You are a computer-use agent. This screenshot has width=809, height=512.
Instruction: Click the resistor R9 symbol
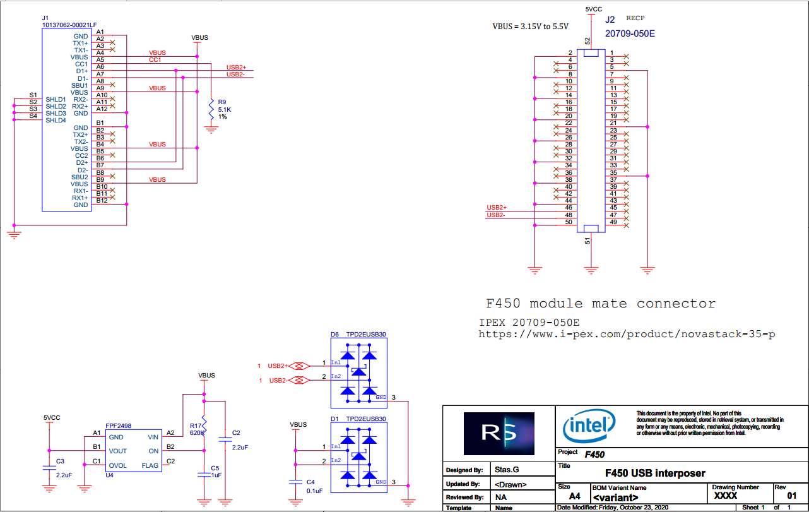211,110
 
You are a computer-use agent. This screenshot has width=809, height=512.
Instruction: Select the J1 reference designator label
45,18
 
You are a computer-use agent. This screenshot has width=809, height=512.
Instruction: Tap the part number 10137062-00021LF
69,25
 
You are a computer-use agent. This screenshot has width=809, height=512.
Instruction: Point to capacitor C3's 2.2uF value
64,474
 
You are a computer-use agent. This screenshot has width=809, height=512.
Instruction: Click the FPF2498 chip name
119,426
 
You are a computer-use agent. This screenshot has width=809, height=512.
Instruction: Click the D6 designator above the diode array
335,334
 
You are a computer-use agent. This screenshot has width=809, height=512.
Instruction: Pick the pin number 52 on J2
588,41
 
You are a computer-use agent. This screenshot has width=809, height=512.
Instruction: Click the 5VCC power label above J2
593,9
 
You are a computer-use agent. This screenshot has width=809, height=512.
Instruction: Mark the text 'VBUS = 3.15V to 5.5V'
530,27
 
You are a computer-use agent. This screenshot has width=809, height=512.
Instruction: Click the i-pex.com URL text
627,333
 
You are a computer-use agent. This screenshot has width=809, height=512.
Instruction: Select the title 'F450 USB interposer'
655,473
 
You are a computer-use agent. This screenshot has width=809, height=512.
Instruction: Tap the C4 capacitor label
310,482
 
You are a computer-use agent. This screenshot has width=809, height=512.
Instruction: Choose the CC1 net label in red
155,60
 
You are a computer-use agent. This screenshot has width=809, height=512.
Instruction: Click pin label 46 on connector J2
569,208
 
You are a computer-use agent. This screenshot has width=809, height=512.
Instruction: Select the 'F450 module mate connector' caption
600,304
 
